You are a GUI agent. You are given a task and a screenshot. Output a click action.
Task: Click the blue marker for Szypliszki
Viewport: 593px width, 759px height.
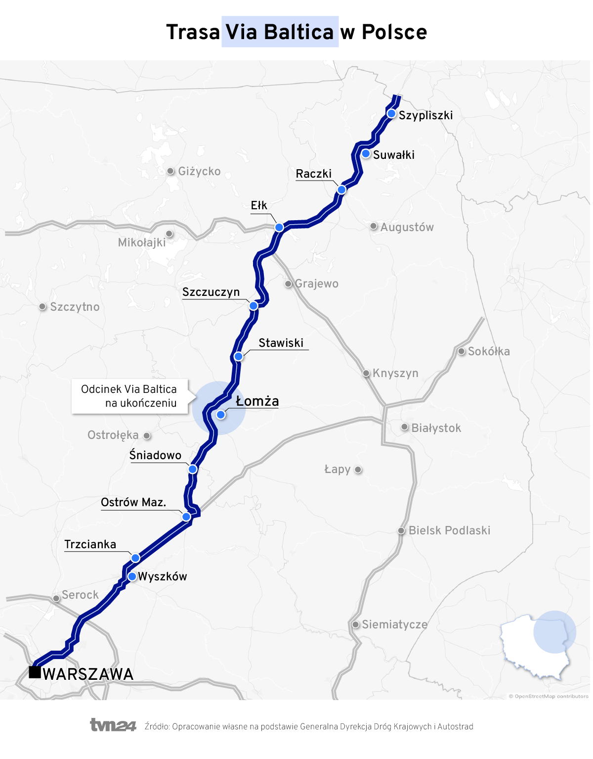click(x=391, y=114)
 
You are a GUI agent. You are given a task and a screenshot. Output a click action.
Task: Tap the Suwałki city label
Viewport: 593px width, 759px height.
click(x=393, y=155)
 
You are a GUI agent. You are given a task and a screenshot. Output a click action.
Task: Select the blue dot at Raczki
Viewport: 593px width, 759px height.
click(x=341, y=190)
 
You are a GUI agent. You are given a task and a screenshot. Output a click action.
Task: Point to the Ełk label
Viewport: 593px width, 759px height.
click(x=259, y=205)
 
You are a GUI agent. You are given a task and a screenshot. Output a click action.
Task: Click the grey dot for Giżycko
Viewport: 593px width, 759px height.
click(x=170, y=171)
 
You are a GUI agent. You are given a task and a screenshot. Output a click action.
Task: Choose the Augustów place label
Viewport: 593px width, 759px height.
click(x=407, y=227)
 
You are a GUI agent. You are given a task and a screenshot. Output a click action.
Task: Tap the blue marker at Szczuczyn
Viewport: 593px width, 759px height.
click(x=254, y=306)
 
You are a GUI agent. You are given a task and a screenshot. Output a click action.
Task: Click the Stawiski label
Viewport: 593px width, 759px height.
click(x=281, y=343)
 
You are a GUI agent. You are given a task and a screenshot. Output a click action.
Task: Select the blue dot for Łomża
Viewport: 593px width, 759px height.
click(x=221, y=415)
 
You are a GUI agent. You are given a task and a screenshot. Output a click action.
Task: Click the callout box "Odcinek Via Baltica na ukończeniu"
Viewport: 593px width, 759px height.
click(x=130, y=396)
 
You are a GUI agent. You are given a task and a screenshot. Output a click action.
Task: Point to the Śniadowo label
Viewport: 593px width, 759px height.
click(x=155, y=455)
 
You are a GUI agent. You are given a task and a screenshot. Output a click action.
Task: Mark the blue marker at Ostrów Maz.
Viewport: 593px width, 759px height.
click(x=186, y=517)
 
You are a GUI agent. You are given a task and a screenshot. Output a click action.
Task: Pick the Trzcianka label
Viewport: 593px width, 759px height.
click(x=90, y=544)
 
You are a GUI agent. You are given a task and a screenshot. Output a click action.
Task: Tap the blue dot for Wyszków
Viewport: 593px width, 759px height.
click(x=132, y=576)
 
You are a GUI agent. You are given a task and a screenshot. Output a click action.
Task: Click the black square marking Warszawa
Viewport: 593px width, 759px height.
click(x=35, y=672)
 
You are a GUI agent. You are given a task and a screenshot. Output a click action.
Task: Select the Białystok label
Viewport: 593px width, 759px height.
click(x=436, y=428)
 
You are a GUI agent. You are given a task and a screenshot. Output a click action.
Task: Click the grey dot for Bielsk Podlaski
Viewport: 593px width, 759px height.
click(x=401, y=531)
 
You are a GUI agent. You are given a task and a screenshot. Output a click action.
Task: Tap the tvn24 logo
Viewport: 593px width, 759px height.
click(x=113, y=725)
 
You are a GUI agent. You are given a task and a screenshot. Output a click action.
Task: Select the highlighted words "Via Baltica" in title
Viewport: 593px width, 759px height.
click(x=280, y=32)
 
